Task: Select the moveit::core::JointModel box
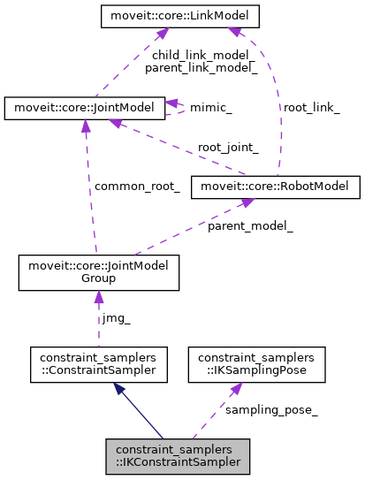pyautogui.click(x=84, y=108)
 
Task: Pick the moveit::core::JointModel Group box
pyautogui.click(x=99, y=272)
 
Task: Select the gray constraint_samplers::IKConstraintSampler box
pyautogui.click(x=178, y=454)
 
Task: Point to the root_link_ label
pyautogui.click(x=311, y=107)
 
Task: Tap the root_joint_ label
pyautogui.click(x=228, y=148)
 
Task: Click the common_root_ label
pyautogui.click(x=137, y=187)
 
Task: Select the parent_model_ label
pyautogui.click(x=250, y=226)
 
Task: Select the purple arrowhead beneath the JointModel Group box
pyautogui.click(x=99, y=298)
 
